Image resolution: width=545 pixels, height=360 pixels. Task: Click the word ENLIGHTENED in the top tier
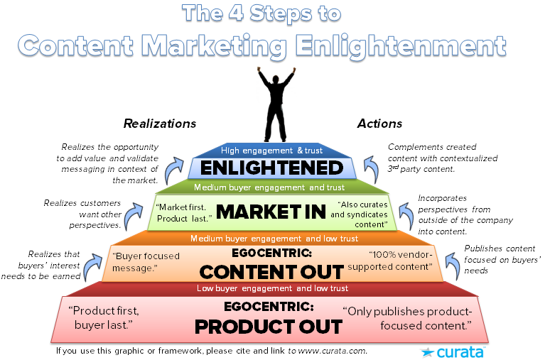[x=272, y=168]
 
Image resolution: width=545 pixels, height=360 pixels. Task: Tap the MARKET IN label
[x=271, y=212]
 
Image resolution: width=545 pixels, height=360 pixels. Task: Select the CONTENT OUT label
[x=271, y=272]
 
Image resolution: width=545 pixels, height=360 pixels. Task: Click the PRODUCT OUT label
[x=269, y=327]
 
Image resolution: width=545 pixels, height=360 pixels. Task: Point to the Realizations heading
[x=160, y=124]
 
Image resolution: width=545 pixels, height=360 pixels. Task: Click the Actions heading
[x=379, y=124]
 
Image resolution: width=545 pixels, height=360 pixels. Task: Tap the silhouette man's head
[x=276, y=80]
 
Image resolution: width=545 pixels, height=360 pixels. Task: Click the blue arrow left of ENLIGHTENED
[x=174, y=170]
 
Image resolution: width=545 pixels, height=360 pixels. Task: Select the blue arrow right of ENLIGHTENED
[x=371, y=169]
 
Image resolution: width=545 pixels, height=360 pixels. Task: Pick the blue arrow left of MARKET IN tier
[x=133, y=216]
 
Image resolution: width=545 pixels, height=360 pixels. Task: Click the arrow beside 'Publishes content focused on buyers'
[x=452, y=266]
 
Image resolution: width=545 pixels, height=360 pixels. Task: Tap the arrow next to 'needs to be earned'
[x=92, y=267]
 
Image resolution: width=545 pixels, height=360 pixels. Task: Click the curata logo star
[x=427, y=352]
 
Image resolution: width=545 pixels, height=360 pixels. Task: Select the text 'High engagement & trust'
[x=272, y=151]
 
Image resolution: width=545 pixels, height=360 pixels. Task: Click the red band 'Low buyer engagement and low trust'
[x=272, y=288]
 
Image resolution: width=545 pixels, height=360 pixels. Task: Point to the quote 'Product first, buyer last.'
[x=104, y=317]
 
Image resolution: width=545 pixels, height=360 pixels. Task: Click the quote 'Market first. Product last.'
[x=183, y=213]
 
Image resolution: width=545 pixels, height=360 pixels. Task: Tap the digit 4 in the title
[x=237, y=13]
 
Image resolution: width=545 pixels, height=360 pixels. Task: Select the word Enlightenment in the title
[x=401, y=46]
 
